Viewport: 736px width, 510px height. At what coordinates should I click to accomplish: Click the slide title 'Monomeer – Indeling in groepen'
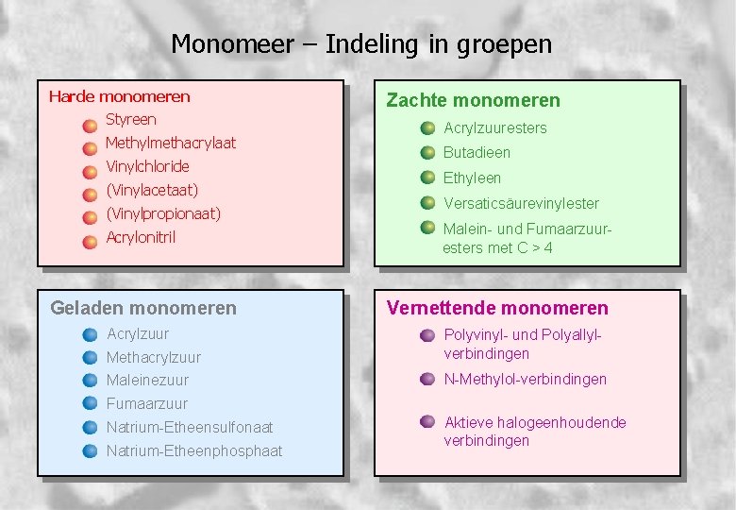361,43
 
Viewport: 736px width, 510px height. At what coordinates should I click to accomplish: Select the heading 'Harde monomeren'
119,96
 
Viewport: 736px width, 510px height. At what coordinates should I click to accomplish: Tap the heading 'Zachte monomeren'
473,100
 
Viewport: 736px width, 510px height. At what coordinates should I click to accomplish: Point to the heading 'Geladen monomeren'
143,308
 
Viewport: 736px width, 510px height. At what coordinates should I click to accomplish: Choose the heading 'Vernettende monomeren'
497,308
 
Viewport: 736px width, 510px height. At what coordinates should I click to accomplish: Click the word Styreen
130,120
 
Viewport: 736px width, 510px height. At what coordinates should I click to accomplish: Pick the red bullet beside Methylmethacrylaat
90,148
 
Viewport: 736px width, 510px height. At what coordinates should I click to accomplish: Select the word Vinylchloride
147,167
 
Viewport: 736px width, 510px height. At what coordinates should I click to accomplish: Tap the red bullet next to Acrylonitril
90,242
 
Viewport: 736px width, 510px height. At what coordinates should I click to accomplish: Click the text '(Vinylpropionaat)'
163,213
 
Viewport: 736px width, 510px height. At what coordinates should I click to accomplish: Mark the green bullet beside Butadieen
427,153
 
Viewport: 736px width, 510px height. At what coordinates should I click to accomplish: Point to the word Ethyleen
472,178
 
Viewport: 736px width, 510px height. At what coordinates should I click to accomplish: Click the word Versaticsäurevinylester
521,203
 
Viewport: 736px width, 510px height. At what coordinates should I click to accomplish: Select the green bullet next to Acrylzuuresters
427,127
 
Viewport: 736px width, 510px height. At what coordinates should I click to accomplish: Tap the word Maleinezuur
147,381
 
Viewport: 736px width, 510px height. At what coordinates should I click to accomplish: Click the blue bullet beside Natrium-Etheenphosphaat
90,450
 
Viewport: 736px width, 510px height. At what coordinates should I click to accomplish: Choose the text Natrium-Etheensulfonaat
190,428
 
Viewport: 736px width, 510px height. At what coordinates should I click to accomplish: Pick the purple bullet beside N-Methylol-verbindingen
427,380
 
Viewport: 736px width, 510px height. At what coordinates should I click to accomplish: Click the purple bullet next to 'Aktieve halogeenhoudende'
427,422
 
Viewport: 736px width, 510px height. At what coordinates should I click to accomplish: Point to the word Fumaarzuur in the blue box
147,404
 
